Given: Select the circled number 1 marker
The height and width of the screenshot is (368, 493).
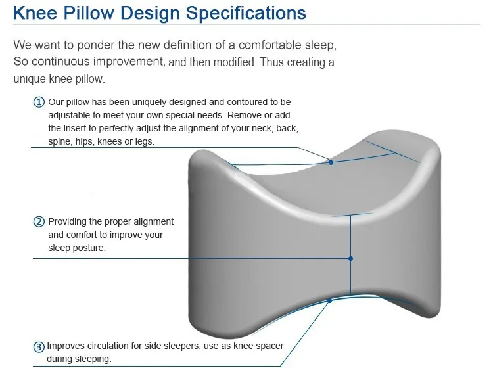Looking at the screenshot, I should (39, 102).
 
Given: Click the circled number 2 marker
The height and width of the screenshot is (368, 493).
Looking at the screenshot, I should (39, 222).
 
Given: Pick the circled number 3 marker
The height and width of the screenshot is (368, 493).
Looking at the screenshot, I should (39, 347).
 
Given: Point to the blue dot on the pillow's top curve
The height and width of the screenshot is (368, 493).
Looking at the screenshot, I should (331, 162).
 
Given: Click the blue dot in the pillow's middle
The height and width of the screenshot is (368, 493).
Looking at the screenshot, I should (351, 258).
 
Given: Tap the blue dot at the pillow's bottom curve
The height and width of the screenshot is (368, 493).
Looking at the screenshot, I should (330, 301).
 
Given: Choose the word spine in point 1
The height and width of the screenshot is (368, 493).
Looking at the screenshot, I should (60, 141).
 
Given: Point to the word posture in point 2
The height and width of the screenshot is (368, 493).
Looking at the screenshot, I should (87, 248).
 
